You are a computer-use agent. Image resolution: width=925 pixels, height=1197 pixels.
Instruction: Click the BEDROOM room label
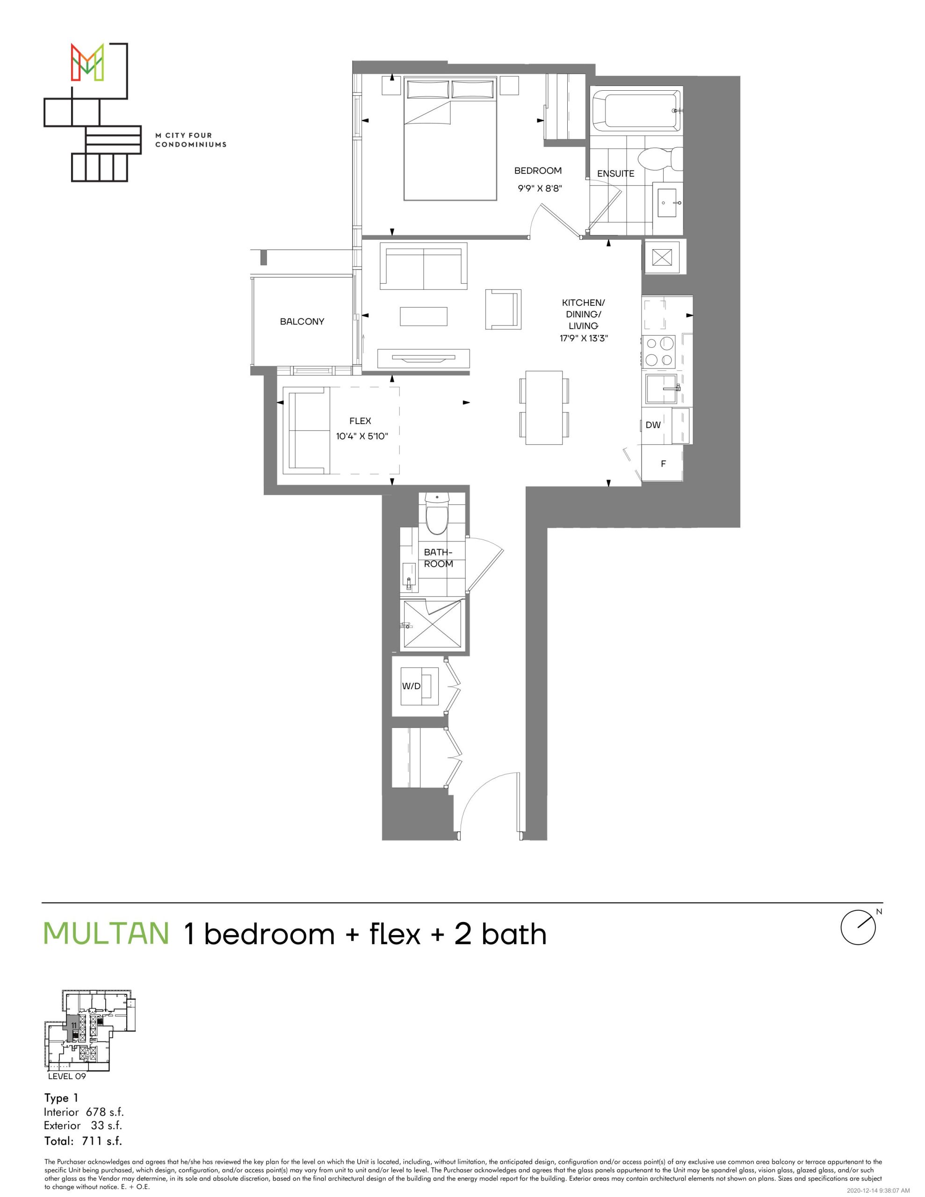(538, 171)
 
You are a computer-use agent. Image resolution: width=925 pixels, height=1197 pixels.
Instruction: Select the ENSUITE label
(616, 174)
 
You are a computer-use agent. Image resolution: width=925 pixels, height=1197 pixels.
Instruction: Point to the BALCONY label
(302, 322)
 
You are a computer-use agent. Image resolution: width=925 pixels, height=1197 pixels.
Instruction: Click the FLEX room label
(360, 421)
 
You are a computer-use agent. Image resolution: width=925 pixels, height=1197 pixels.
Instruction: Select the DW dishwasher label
(653, 425)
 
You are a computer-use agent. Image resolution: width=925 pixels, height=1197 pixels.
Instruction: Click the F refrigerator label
(663, 464)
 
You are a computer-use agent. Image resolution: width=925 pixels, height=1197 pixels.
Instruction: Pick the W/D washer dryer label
(411, 686)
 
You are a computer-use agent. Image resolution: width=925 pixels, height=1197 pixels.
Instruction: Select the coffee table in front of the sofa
(423, 316)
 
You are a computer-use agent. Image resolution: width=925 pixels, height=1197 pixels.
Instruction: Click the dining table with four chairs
(544, 408)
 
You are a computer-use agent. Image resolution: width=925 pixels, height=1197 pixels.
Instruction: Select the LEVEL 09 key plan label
(67, 1075)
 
